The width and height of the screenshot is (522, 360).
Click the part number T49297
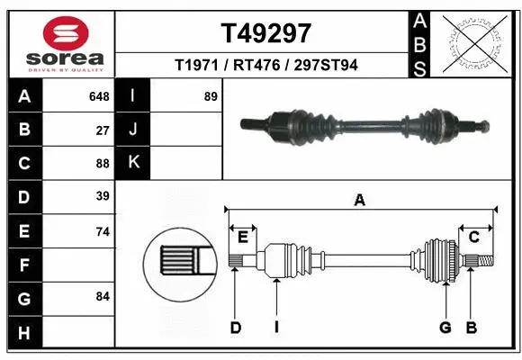265,33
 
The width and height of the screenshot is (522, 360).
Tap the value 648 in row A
99,96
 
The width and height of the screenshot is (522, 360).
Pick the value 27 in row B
103,130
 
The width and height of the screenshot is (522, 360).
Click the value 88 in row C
103,164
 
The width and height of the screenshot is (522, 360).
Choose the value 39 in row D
103,196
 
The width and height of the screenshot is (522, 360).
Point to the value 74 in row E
103,231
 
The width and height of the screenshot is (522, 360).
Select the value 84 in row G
103,296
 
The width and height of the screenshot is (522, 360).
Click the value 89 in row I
211,96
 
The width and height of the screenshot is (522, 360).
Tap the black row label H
24,333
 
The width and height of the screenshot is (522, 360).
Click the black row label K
133,163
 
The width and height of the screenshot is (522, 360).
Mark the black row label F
24,265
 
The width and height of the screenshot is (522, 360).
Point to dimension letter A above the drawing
360,201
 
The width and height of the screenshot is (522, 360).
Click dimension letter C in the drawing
473,237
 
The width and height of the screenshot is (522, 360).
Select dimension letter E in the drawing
242,237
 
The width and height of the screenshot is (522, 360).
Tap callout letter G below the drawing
445,328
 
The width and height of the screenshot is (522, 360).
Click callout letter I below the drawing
277,328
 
